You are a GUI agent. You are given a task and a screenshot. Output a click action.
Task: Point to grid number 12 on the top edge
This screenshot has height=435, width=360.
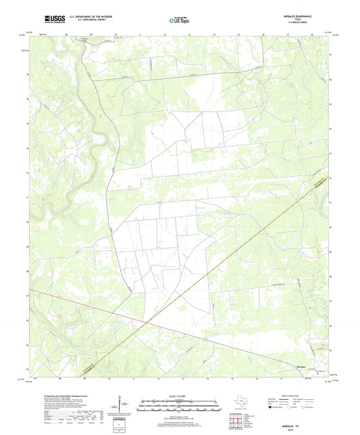(164, 32)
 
